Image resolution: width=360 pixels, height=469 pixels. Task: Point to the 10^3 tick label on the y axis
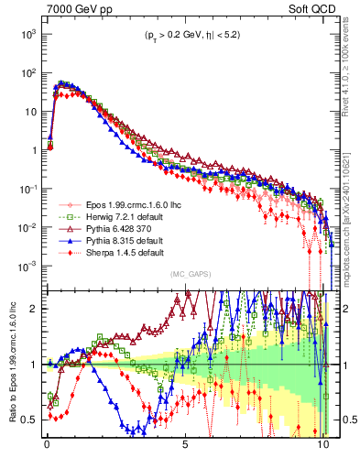(x=27, y=34)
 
